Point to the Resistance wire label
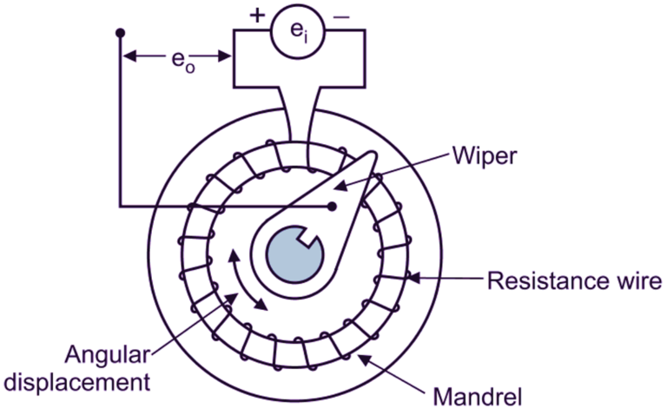[x=574, y=280]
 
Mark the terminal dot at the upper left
[x=120, y=33]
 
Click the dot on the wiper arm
[x=332, y=207]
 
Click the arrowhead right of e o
[x=228, y=58]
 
